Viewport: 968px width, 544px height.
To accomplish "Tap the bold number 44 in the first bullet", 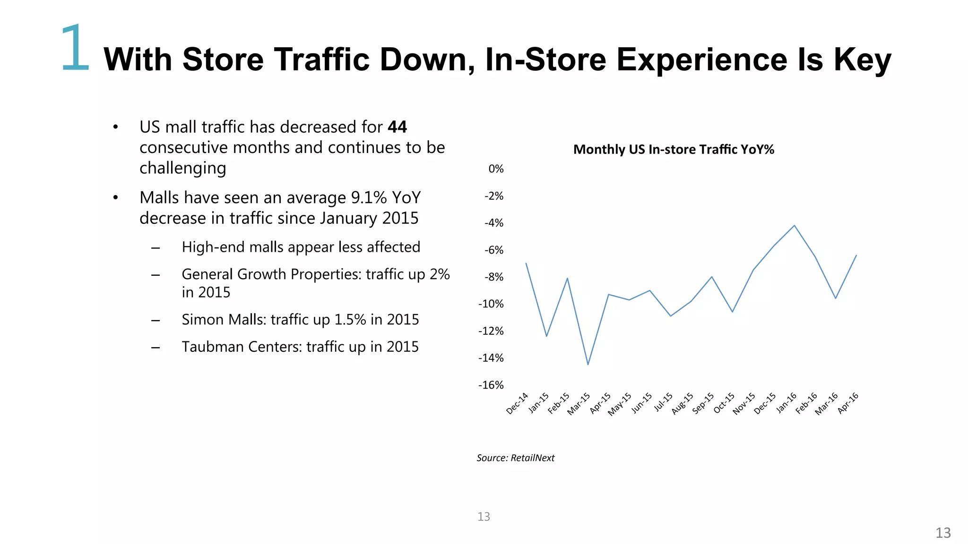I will coord(397,127).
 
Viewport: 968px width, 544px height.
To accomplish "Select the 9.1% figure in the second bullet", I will coord(369,198).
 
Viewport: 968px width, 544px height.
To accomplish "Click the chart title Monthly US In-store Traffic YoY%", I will coord(674,150).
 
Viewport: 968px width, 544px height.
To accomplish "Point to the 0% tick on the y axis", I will coord(496,169).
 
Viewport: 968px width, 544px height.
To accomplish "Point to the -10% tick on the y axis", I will coord(491,304).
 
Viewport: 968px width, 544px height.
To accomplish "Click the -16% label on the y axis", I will coord(491,385).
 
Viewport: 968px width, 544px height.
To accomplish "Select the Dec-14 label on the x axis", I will coord(517,403).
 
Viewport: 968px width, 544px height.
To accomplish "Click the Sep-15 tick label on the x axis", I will coord(703,403).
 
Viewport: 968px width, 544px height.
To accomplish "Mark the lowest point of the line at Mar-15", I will coord(588,365).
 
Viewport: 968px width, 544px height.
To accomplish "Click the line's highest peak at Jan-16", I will coord(795,225).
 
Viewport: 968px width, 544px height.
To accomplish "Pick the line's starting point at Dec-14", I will coord(526,263).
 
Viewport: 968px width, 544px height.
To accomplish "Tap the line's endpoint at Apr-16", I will coord(856,255).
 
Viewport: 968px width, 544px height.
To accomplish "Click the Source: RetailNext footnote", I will coord(515,458).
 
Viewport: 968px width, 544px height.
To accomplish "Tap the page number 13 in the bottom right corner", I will coord(943,533).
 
